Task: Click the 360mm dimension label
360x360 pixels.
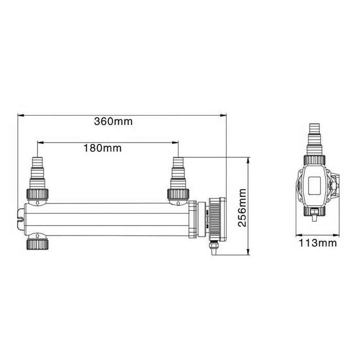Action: [x=113, y=122]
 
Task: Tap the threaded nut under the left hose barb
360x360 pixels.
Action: [x=38, y=194]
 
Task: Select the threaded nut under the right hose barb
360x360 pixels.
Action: [x=177, y=194]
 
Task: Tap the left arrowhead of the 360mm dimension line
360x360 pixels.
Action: [x=20, y=115]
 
